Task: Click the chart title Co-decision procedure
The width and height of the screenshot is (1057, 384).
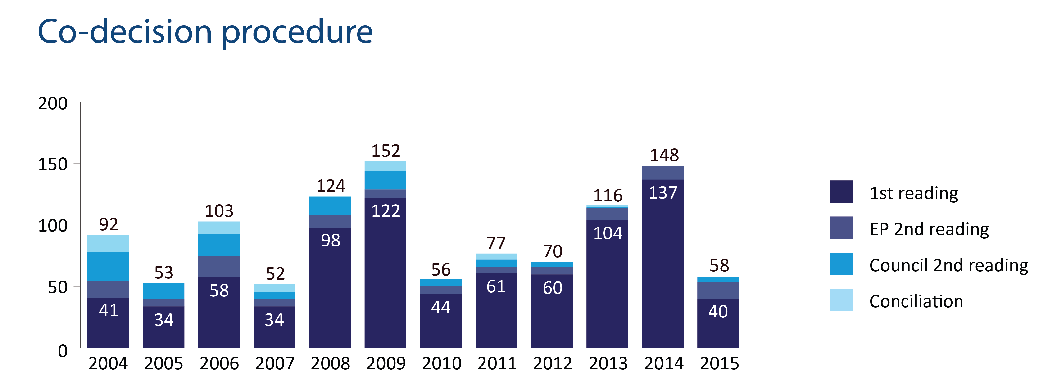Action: point(205,32)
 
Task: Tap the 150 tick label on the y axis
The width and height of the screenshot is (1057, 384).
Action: point(53,164)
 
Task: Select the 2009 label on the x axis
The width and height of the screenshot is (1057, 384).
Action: point(386,363)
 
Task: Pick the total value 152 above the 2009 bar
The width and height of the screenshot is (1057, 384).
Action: point(386,151)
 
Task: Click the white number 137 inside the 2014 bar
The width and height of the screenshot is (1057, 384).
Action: point(663,193)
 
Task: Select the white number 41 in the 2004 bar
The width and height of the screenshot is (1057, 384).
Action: point(108,310)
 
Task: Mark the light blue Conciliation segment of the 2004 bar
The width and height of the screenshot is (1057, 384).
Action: point(108,244)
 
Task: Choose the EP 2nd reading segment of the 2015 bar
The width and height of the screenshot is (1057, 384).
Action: point(718,290)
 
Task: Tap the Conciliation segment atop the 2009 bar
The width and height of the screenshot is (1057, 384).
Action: point(385,166)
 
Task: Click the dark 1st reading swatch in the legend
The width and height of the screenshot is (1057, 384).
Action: point(841,192)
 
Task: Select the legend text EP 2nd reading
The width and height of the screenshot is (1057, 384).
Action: point(929,229)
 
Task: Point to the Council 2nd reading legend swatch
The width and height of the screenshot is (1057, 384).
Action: point(841,264)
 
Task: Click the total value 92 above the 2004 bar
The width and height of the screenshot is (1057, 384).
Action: point(108,225)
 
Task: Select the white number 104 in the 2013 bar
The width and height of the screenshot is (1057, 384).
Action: point(608,233)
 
